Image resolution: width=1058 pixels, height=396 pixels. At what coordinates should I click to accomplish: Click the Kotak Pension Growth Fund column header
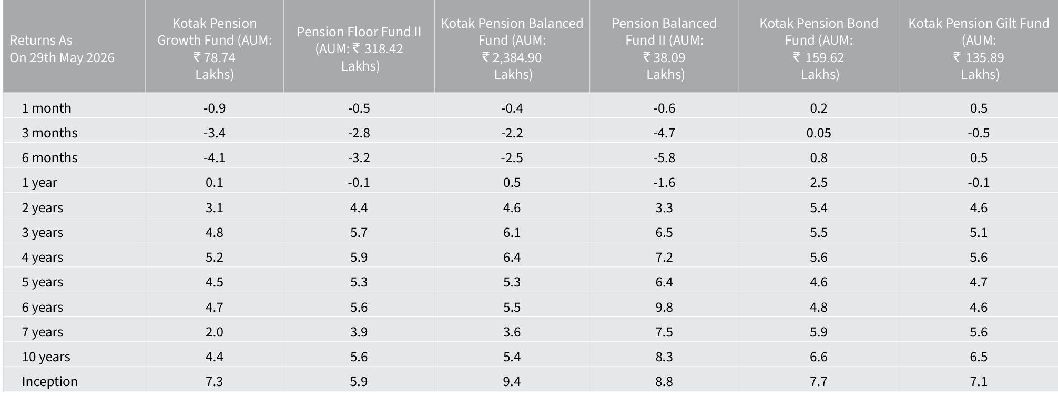(215, 48)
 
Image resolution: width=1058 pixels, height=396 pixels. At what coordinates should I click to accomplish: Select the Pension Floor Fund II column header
(359, 48)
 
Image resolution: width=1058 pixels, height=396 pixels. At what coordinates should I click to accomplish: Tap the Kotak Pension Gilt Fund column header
(979, 48)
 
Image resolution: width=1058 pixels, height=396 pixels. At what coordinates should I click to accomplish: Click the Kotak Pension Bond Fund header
(819, 48)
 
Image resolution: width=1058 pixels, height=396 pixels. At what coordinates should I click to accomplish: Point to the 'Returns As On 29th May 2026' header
(62, 49)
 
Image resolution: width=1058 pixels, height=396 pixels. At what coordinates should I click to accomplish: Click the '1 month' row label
(46, 108)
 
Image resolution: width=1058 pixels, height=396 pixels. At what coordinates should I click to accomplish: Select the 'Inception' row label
(49, 381)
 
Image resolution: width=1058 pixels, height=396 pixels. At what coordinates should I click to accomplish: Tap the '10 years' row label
(46, 357)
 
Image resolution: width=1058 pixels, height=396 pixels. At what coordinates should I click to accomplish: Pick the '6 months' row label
(49, 157)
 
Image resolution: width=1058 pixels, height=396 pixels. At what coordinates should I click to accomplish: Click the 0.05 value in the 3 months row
(819, 133)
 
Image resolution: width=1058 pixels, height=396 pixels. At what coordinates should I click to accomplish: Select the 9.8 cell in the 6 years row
(664, 307)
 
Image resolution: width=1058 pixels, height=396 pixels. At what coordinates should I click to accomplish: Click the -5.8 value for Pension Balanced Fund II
(664, 157)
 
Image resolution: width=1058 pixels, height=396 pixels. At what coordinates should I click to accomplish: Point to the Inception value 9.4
(512, 381)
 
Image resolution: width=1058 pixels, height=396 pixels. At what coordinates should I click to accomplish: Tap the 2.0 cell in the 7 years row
(215, 332)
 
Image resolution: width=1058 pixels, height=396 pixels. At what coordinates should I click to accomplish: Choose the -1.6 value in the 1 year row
(664, 182)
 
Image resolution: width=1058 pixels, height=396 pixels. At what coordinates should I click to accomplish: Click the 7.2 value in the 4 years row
(664, 257)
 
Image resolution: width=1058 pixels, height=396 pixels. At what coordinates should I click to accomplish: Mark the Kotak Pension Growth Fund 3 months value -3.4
(215, 133)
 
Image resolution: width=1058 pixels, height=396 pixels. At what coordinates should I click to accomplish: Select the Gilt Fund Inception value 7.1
(979, 381)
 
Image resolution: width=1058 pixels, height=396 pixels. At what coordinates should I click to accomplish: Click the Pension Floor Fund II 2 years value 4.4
(359, 207)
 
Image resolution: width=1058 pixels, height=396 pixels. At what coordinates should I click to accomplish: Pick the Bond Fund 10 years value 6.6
(819, 357)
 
